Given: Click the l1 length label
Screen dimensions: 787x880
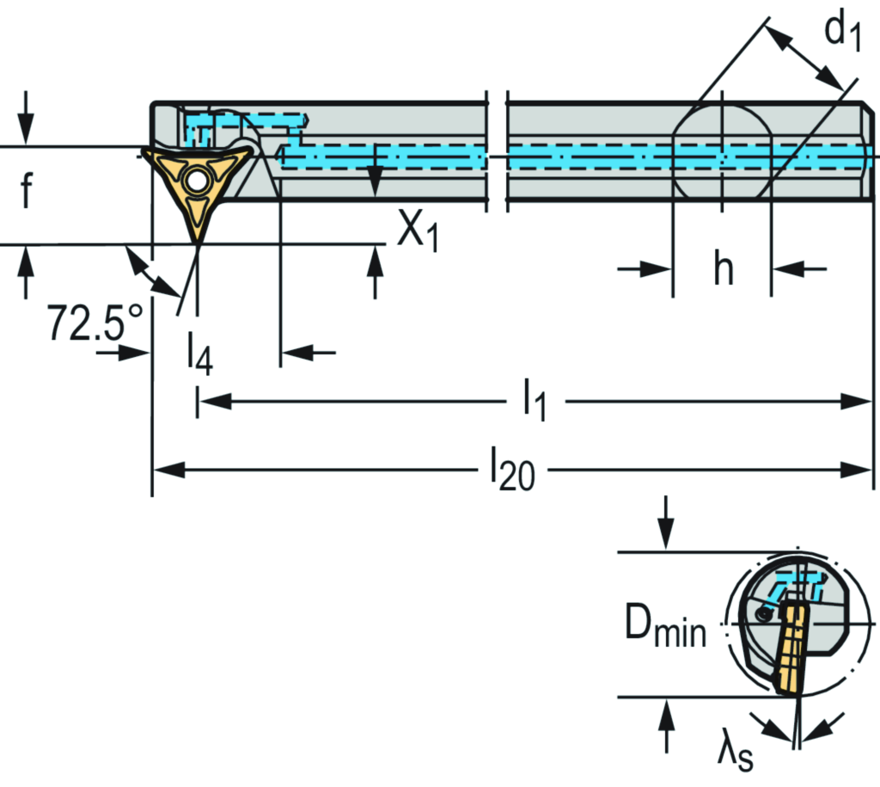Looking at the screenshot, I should [535, 403].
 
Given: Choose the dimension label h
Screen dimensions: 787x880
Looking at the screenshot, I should [724, 270].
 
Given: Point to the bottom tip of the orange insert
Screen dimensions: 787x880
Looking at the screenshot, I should [198, 243].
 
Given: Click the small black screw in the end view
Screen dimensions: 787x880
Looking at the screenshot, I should [765, 614].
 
